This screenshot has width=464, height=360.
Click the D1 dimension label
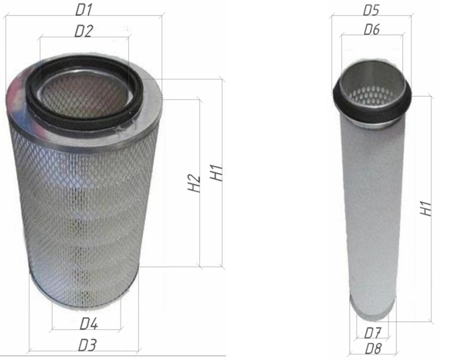[x=84, y=10]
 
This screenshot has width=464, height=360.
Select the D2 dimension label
[x=84, y=31]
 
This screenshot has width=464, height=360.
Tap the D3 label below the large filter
[x=87, y=345]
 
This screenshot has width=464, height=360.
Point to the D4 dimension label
[x=89, y=324]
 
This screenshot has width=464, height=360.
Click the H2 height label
[x=195, y=183]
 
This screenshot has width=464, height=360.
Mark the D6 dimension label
[x=372, y=29]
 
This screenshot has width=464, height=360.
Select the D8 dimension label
[x=373, y=349]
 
